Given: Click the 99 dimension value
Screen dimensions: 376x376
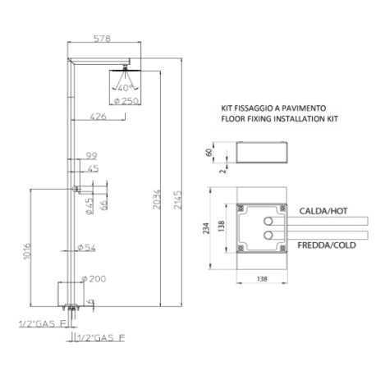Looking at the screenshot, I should coord(92,154).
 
